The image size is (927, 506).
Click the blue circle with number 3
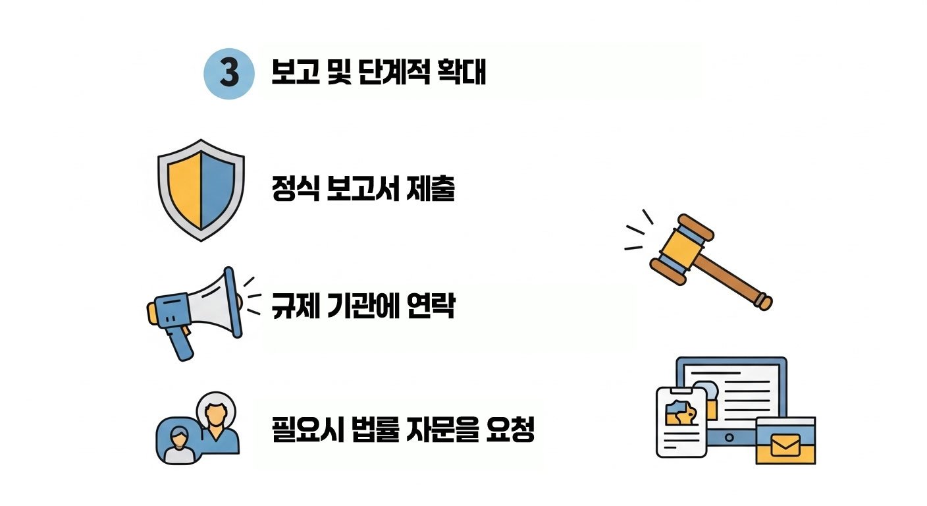tap(228, 74)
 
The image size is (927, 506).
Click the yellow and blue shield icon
tap(201, 189)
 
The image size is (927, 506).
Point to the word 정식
tap(296, 190)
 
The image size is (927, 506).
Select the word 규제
tap(295, 306)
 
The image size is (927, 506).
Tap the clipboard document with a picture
tap(681, 422)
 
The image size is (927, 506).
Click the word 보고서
tap(365, 190)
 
